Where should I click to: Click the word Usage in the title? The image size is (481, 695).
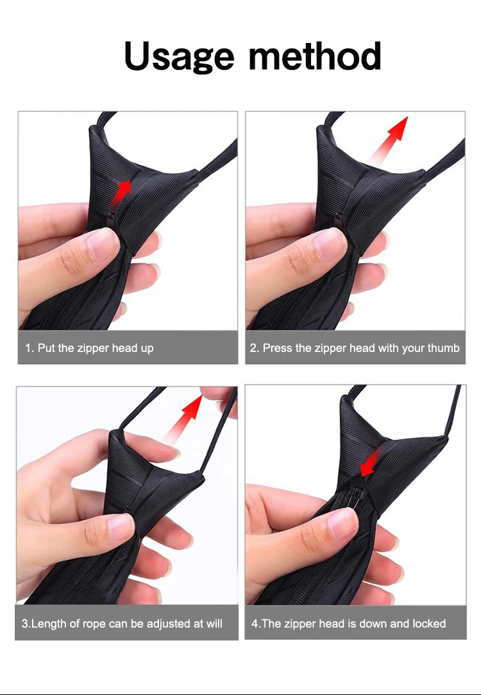179,56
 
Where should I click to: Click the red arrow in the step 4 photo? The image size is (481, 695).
371,462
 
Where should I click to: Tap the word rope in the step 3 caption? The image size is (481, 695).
94,624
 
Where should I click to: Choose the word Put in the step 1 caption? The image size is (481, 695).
46,348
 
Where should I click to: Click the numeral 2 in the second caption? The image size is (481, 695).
253,348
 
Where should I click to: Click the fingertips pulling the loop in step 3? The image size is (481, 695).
218,397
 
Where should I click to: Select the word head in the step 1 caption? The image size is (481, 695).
124,348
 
